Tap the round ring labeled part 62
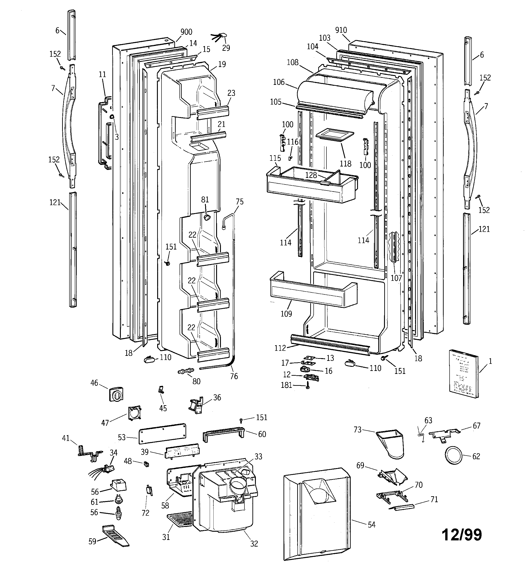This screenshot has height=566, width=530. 452,456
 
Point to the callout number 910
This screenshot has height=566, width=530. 341,30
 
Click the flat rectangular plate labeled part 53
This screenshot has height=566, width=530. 162,433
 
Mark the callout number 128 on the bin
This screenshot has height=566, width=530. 311,175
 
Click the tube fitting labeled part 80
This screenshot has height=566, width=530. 185,371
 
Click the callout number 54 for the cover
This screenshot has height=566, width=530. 371,524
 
